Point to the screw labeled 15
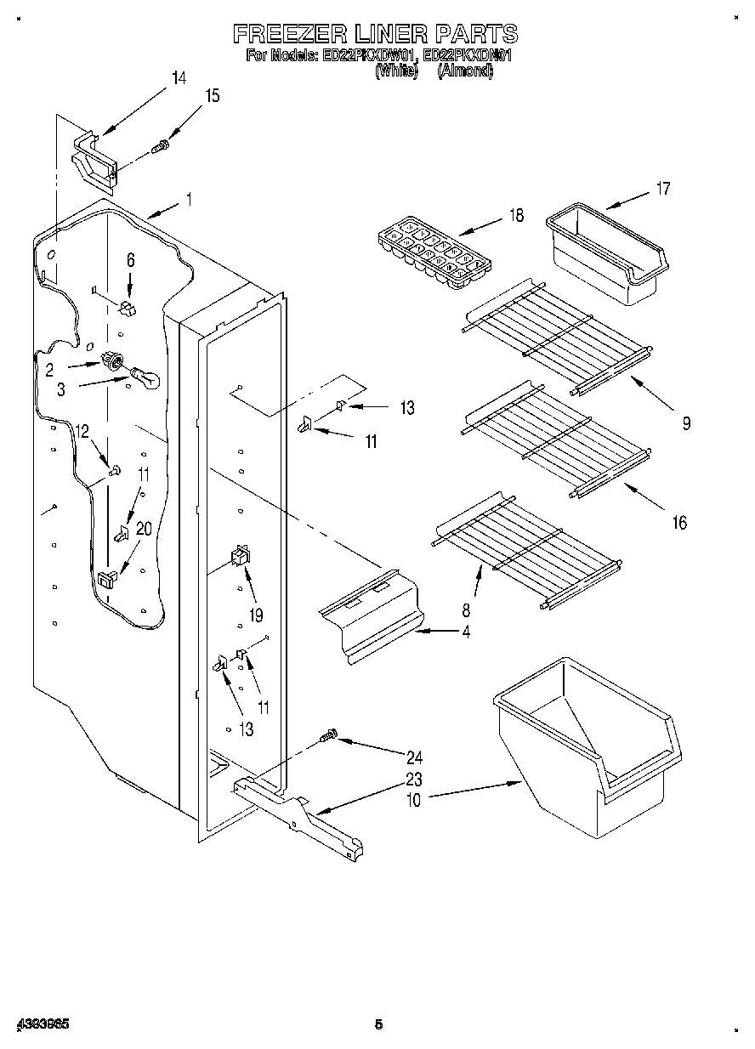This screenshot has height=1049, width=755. pyautogui.click(x=159, y=148)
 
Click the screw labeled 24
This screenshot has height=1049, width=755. pyautogui.click(x=327, y=735)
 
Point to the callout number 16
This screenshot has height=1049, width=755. pyautogui.click(x=678, y=523)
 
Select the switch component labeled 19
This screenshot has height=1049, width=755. pyautogui.click(x=239, y=557)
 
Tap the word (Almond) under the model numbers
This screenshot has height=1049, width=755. pyautogui.click(x=465, y=72)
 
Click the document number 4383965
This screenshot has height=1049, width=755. pyautogui.click(x=42, y=1024)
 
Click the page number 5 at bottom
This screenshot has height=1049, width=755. pyautogui.click(x=378, y=1024)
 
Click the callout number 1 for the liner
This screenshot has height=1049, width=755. pyautogui.click(x=188, y=201)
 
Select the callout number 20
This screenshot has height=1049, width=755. pyautogui.click(x=144, y=529)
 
